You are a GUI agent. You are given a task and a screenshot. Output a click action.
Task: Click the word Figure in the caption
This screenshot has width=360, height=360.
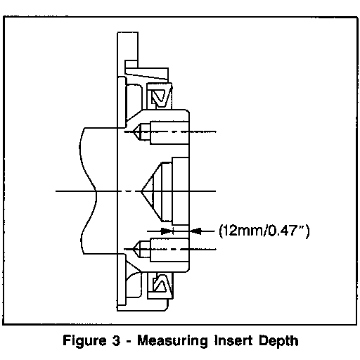point(84,341)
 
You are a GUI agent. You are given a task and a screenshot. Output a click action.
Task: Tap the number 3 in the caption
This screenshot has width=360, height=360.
point(116,340)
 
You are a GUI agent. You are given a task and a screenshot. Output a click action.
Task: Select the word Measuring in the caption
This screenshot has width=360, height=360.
point(172,341)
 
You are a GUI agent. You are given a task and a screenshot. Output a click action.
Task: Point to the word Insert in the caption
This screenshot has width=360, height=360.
point(234,340)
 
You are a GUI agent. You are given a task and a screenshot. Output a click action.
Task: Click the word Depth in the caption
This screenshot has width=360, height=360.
point(278,341)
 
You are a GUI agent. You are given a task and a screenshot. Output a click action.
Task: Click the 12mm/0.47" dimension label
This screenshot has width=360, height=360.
point(264,231)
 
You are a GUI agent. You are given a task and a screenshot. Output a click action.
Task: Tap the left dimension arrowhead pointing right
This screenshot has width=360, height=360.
point(167,231)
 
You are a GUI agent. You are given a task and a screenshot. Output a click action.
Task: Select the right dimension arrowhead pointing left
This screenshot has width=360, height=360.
point(195,231)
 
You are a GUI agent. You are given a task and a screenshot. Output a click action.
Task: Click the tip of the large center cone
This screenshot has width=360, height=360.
point(141,191)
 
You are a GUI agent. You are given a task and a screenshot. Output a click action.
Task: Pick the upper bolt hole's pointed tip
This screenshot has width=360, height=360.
point(133,132)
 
